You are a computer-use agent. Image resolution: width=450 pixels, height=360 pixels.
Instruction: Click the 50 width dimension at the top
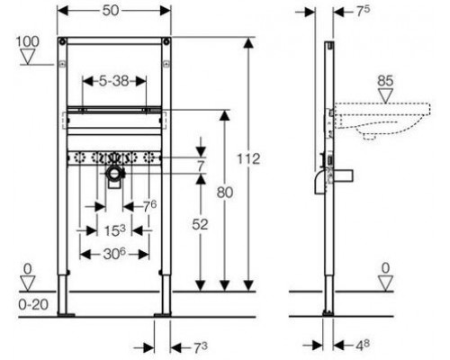(111, 11)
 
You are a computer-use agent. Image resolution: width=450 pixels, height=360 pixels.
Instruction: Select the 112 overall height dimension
(248, 159)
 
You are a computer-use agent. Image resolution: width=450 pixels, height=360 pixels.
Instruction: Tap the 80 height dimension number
(225, 193)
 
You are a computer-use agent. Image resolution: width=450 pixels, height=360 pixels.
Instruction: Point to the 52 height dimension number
(200, 224)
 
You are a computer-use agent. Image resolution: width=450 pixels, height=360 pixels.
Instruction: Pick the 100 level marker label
(28, 41)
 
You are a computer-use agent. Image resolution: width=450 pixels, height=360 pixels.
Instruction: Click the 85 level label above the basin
(385, 81)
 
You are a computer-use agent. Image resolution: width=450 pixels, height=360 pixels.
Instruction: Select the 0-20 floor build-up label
(33, 305)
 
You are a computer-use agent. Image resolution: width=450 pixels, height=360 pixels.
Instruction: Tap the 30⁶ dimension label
(114, 255)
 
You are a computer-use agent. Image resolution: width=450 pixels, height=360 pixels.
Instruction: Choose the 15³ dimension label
(114, 230)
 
